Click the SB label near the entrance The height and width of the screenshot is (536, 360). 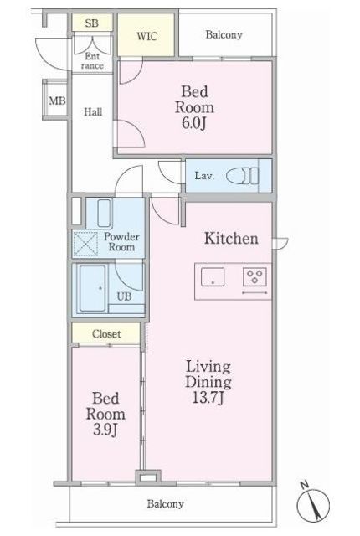pyautogui.click(x=92, y=23)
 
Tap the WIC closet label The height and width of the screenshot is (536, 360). pyautogui.click(x=147, y=36)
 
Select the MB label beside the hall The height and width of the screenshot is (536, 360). pyautogui.click(x=57, y=100)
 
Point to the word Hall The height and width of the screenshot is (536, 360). pyautogui.click(x=93, y=111)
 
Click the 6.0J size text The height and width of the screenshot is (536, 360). pyautogui.click(x=194, y=123)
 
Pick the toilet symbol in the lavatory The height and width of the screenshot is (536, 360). pyautogui.click(x=243, y=176)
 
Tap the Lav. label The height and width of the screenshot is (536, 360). pyautogui.click(x=204, y=176)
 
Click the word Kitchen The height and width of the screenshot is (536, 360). pyautogui.click(x=231, y=238)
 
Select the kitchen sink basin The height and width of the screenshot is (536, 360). pyautogui.click(x=213, y=277)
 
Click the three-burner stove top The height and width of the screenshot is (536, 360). pyautogui.click(x=255, y=276)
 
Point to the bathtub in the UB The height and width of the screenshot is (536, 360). pyautogui.click(x=93, y=288)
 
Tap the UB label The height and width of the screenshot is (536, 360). pyautogui.click(x=124, y=296)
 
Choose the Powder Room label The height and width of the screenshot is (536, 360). pyautogui.click(x=121, y=242)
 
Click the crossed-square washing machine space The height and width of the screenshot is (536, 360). pyautogui.click(x=85, y=244)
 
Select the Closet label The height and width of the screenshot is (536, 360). pyautogui.click(x=106, y=333)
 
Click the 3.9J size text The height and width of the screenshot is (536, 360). pyautogui.click(x=105, y=430)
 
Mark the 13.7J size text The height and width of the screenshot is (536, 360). pyautogui.click(x=208, y=398)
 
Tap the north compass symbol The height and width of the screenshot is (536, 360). pyautogui.click(x=313, y=503)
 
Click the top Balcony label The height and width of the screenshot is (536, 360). pyautogui.click(x=224, y=35)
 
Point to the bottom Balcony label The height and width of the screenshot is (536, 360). pyautogui.click(x=165, y=503)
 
